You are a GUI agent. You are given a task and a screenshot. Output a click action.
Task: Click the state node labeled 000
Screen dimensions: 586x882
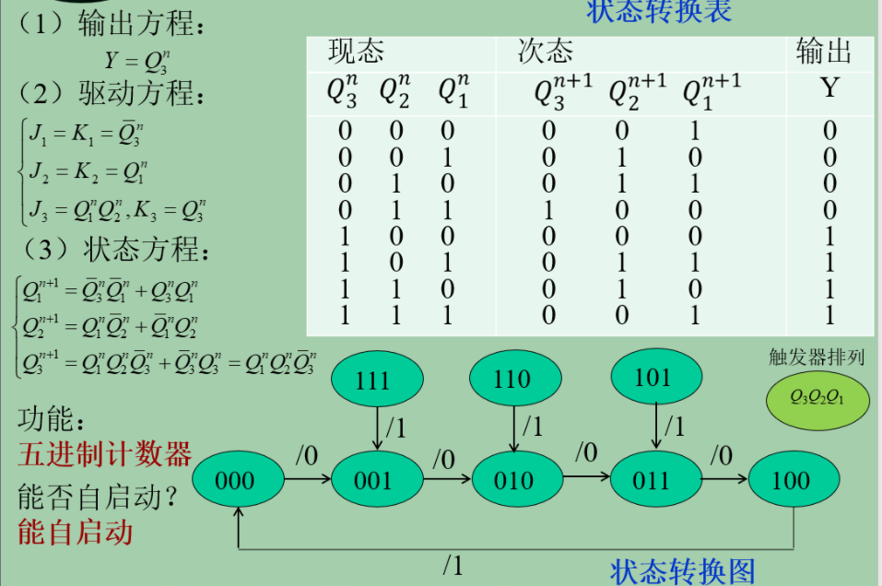tap(236, 480)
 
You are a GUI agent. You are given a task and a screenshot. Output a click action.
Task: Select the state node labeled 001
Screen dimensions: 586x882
tap(373, 480)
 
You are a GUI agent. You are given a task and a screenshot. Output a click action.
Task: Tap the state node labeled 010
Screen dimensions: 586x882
tap(513, 480)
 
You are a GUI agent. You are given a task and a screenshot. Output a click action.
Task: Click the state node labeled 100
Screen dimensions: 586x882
tap(791, 480)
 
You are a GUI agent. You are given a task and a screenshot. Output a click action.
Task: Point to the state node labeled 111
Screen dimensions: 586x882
tap(373, 381)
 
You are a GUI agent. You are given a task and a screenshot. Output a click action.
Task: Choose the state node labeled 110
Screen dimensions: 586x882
tap(512, 379)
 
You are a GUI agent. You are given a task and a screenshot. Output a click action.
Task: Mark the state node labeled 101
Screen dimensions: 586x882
tap(653, 377)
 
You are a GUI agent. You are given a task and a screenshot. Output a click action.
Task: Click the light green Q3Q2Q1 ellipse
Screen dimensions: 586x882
tap(817, 397)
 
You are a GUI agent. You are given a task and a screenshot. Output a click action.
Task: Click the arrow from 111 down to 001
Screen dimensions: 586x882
tap(378, 428)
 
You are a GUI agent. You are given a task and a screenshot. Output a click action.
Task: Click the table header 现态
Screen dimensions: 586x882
tap(356, 52)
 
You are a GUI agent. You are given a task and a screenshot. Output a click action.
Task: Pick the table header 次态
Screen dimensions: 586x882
tap(546, 52)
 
